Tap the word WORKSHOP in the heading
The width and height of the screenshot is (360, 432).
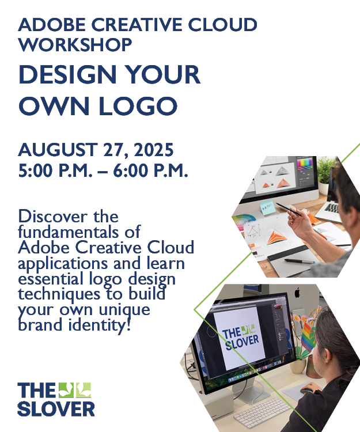[x=75, y=44]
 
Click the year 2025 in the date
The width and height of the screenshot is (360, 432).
[x=153, y=150]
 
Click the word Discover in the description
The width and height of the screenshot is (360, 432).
[x=52, y=217]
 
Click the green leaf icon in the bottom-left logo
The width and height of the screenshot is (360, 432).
[x=75, y=390]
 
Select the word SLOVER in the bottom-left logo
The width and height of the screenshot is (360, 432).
[x=55, y=408]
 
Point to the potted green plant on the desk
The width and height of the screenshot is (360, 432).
[x=326, y=173]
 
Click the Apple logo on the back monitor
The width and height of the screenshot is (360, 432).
[x=297, y=293]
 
